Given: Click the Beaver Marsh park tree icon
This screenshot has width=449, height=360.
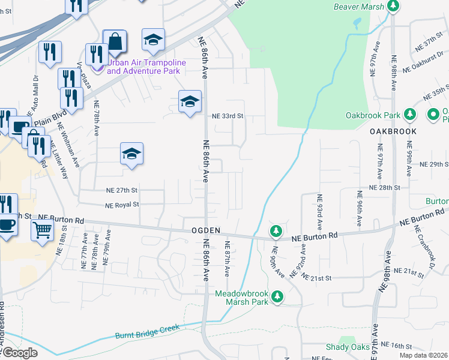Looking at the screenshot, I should (393, 7).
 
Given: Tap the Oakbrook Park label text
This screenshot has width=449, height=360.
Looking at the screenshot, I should (372, 115).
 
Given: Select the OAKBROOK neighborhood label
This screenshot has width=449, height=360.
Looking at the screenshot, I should (393, 130).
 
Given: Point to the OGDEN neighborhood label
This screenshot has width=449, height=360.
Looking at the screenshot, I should (206, 230).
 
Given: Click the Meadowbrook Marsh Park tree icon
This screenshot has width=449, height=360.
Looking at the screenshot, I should (277, 296).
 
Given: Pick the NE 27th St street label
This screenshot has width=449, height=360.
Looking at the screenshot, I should (122, 190).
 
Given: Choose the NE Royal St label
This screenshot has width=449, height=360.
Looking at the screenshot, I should (122, 205).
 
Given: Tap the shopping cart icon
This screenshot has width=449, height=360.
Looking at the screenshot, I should (42, 229).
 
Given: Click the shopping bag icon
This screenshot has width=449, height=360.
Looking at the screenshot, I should (115, 42).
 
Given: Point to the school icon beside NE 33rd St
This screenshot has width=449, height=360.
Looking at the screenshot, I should (190, 102).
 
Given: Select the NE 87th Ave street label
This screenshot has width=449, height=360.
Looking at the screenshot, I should (227, 259).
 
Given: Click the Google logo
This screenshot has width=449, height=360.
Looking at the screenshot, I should (19, 353).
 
